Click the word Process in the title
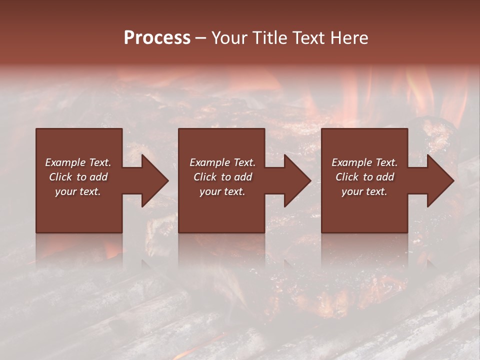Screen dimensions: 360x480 point(157,38)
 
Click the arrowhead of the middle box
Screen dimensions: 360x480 point(297,180)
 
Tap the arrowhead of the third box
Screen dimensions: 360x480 point(440,180)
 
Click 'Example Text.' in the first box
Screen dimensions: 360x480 point(78,162)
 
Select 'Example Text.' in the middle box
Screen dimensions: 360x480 point(222,162)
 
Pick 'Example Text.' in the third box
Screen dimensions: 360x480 point(364,162)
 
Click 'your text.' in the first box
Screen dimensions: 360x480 point(78,191)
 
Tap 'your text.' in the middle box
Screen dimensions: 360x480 point(222,191)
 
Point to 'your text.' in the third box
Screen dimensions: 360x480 point(364,191)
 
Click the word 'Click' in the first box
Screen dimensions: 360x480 point(60,177)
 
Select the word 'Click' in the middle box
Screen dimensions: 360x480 point(205,177)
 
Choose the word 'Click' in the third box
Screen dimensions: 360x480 point(347,177)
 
